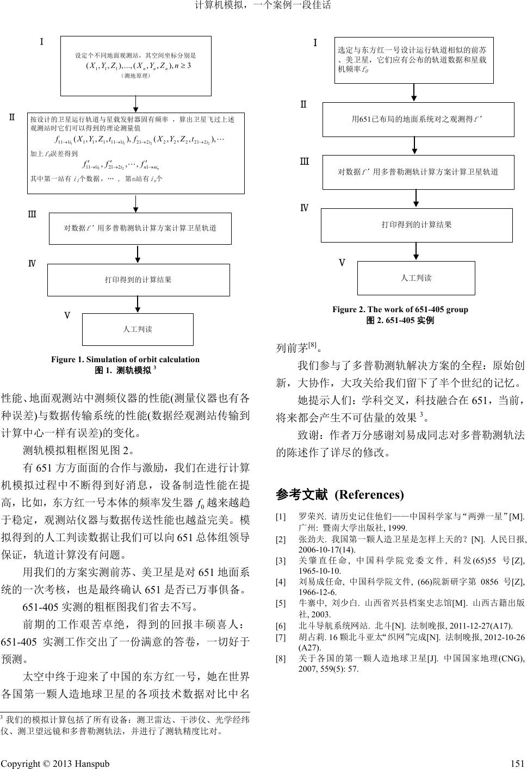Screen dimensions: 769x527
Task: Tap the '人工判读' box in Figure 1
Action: [x=138, y=330]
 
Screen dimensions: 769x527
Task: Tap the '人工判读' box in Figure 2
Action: [x=416, y=278]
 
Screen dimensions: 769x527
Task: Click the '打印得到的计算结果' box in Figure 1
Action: [x=139, y=280]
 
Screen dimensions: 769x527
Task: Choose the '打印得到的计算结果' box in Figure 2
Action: [x=417, y=225]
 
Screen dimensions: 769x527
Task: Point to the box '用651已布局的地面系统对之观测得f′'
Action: [x=418, y=119]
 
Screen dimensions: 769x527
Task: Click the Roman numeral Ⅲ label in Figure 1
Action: [x=32, y=214]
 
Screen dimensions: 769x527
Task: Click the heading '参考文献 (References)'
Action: [x=340, y=495]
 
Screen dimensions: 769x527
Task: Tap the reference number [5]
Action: [x=281, y=603]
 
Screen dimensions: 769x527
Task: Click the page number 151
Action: [x=518, y=763]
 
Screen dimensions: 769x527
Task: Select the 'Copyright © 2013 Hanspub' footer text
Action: [x=55, y=763]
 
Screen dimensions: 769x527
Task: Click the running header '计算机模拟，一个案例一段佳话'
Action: [x=263, y=6]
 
